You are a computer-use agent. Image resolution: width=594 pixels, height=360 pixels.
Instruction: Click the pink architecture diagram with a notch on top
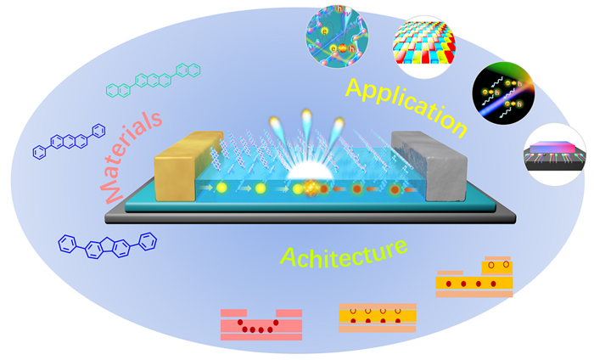click(261, 323)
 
